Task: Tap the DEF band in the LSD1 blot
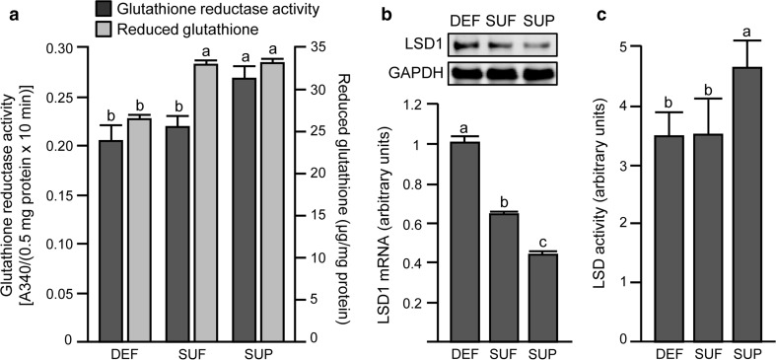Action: coord(468,44)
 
